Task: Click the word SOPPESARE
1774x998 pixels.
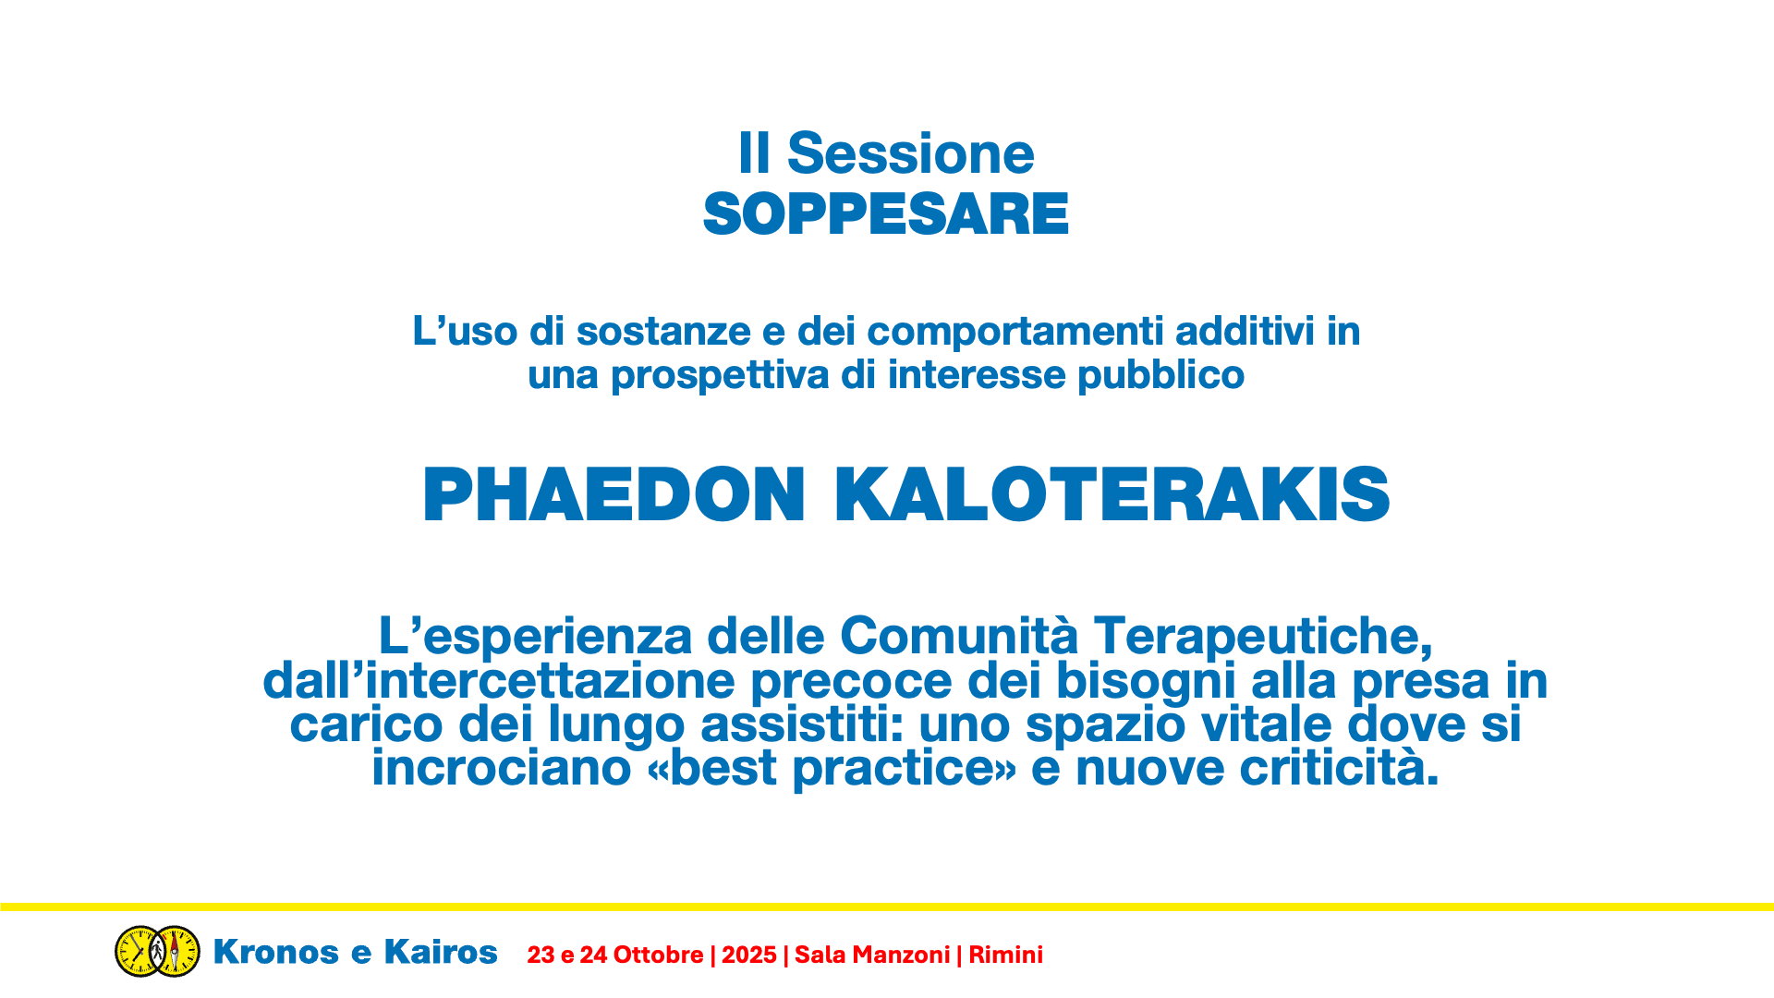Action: [x=885, y=214]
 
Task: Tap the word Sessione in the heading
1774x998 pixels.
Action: [x=910, y=152]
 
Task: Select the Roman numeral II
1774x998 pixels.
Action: [x=754, y=152]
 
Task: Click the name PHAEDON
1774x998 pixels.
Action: [x=614, y=494]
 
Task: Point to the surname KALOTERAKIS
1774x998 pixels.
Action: [x=1112, y=494]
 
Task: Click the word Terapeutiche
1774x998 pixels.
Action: [x=1263, y=636]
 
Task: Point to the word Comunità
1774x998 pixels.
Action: [x=959, y=636]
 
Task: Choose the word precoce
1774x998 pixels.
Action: [x=851, y=681]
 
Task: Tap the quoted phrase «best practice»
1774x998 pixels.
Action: [x=832, y=768]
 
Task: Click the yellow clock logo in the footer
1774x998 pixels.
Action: [x=157, y=951]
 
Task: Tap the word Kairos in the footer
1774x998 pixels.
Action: [x=441, y=952]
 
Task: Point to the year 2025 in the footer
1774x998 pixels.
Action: [x=749, y=955]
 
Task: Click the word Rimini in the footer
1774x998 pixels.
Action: [x=1005, y=955]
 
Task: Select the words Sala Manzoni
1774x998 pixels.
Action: [x=872, y=955]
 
